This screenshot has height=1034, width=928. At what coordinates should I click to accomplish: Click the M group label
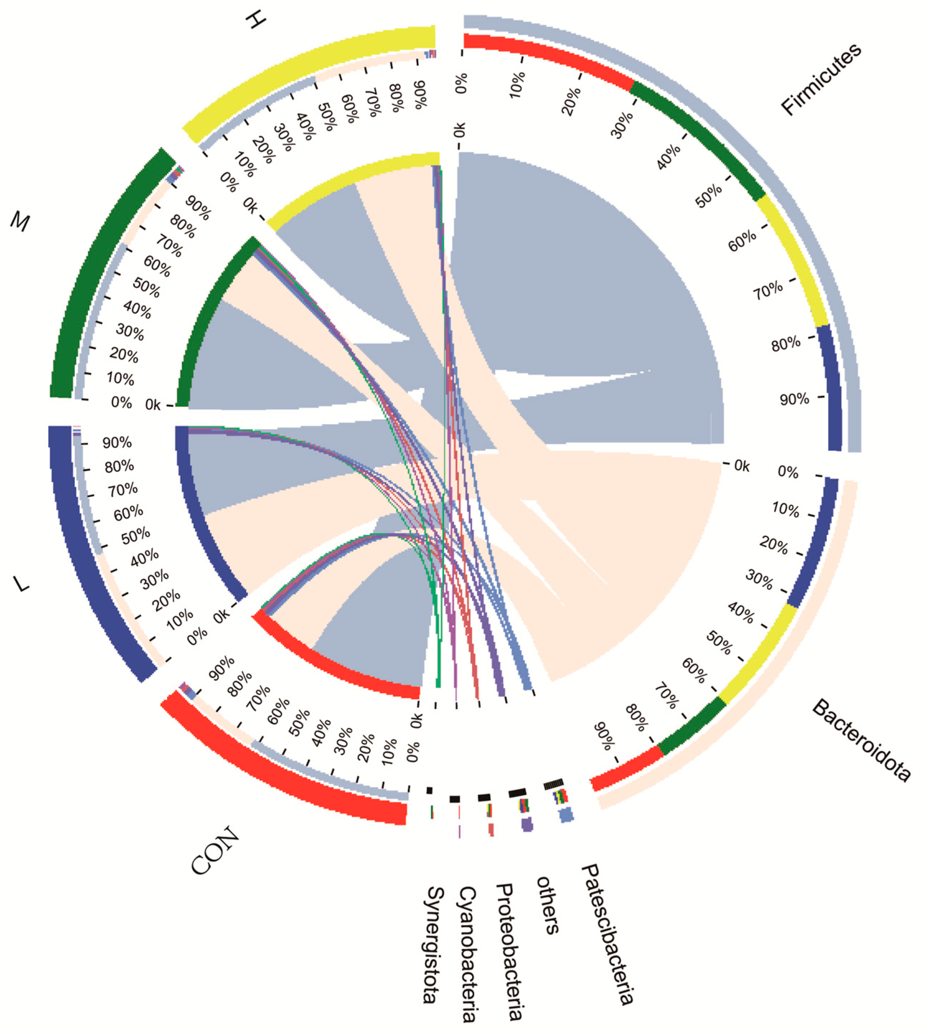[21, 222]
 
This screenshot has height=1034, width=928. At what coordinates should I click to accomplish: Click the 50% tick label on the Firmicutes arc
[709, 195]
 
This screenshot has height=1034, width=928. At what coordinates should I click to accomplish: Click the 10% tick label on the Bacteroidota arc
[786, 509]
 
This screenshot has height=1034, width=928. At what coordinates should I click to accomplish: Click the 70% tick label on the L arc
[122, 490]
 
